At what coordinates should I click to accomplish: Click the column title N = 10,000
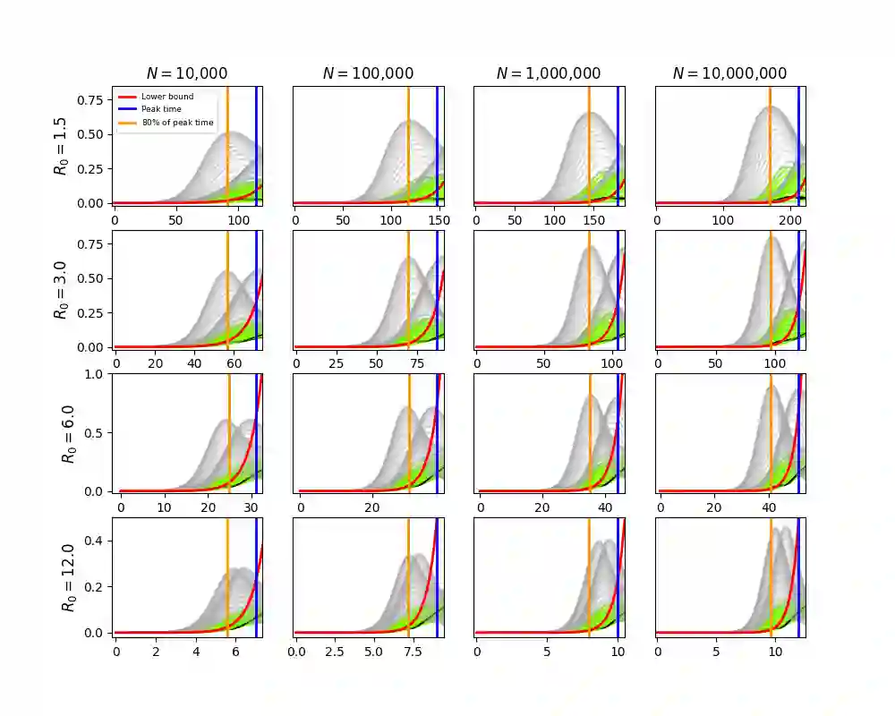click(187, 73)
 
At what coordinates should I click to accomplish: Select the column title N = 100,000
click(369, 73)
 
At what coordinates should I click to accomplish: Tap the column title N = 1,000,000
click(549, 73)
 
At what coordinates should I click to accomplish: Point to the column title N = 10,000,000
click(729, 73)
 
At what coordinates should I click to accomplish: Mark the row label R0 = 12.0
click(68, 578)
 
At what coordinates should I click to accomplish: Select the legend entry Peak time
click(160, 109)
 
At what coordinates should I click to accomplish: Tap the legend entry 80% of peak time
click(177, 122)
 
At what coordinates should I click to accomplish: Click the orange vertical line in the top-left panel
click(226, 148)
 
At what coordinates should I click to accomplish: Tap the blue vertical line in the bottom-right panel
click(798, 577)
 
